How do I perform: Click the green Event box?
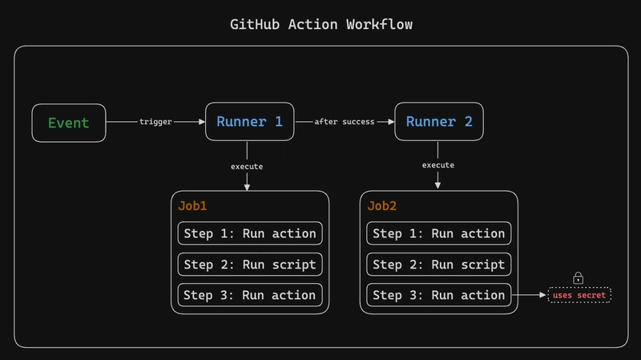[68, 123]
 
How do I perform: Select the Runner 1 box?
[249, 122]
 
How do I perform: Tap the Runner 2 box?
[439, 122]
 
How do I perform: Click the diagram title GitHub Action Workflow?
[320, 24]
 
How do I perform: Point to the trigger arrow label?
[155, 122]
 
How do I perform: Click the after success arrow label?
[345, 122]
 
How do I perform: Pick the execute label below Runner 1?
[247, 166]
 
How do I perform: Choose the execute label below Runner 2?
[438, 165]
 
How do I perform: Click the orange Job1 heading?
[192, 206]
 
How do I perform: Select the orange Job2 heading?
[382, 206]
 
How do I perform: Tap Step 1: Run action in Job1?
[250, 234]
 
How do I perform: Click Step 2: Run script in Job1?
[250, 265]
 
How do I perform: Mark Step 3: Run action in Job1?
[250, 295]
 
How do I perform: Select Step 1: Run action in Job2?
[439, 234]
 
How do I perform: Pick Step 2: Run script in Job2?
[439, 265]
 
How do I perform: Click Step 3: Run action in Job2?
[439, 295]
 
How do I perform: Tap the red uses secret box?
[579, 296]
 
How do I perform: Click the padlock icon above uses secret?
[579, 278]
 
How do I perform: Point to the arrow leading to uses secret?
[529, 295]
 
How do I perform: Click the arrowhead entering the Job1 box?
[247, 187]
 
